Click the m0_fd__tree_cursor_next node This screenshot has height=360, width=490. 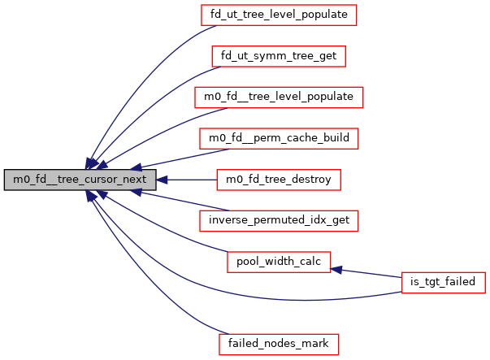[x=79, y=179]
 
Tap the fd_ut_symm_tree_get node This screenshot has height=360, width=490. [x=280, y=56]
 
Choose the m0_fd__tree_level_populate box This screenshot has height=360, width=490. [x=279, y=97]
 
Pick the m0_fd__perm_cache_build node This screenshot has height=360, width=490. [x=279, y=138]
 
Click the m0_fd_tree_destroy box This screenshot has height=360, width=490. [x=279, y=179]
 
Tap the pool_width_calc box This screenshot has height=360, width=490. [x=279, y=262]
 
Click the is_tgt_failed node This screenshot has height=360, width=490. [x=444, y=282]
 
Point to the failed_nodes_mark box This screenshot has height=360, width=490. [x=279, y=344]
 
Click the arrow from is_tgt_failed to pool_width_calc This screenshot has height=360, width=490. [x=370, y=273]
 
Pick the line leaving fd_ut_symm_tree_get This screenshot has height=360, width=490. [x=154, y=106]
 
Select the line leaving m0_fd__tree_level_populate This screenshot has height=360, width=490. [x=163, y=134]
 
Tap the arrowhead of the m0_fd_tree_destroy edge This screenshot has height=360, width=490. [x=162, y=179]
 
